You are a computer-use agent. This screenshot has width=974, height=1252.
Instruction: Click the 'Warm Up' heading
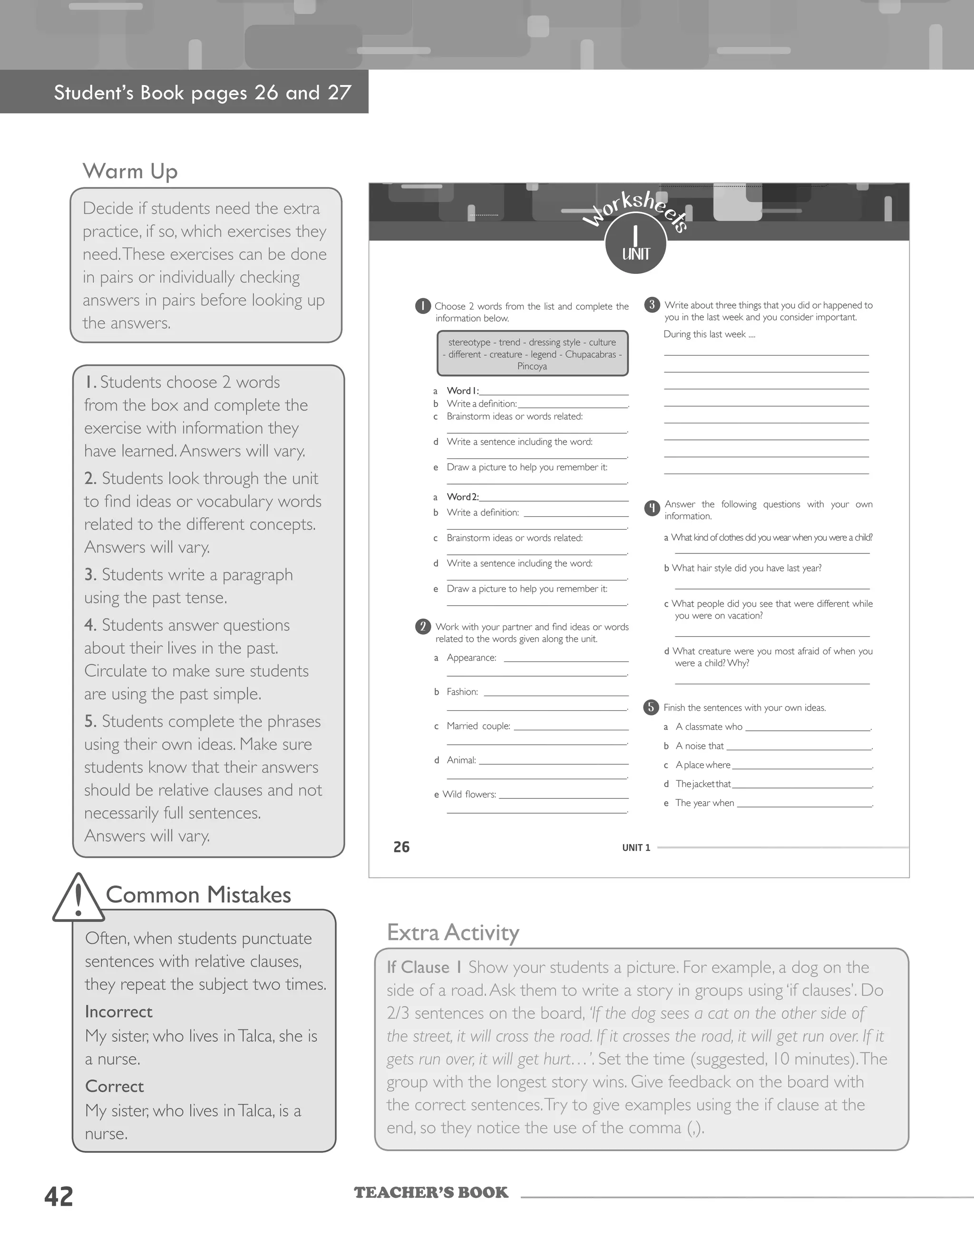point(130,171)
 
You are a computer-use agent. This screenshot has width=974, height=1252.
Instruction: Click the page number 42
point(58,1196)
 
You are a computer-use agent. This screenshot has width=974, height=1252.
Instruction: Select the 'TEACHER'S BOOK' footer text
point(430,1193)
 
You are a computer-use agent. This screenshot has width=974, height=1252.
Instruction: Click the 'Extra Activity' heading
point(453,932)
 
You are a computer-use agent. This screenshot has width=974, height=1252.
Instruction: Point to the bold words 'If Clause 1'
point(424,968)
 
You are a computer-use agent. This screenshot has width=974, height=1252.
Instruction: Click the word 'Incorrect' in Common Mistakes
point(119,1012)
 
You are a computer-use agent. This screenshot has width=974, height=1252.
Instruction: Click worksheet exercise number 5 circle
point(651,708)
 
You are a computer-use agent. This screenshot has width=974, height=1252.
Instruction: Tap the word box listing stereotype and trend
point(532,354)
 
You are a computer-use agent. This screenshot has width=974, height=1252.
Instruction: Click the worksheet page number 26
point(401,847)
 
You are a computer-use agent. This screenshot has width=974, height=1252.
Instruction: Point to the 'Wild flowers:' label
point(469,795)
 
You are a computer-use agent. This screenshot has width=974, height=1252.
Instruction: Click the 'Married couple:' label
point(478,726)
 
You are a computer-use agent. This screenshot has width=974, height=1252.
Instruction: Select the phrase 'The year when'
point(704,803)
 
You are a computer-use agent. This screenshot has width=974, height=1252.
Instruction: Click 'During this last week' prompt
point(709,334)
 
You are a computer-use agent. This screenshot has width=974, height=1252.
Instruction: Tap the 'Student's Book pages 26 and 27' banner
point(203,93)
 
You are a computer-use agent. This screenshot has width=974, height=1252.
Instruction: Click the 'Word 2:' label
point(462,497)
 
